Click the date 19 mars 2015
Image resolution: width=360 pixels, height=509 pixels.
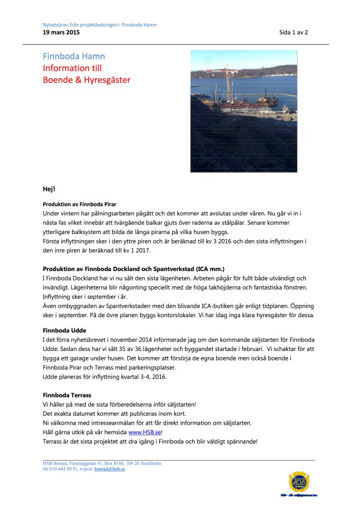click(x=61, y=33)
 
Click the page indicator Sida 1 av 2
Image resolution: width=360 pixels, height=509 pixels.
click(x=293, y=33)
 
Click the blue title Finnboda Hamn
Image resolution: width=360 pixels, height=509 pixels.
click(x=74, y=56)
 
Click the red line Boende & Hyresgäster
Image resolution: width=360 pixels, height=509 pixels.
click(x=87, y=80)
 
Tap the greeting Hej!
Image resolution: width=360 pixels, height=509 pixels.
click(x=49, y=188)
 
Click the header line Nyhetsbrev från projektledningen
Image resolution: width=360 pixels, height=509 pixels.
click(x=100, y=25)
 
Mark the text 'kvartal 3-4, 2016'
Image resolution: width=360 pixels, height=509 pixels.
click(x=134, y=376)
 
